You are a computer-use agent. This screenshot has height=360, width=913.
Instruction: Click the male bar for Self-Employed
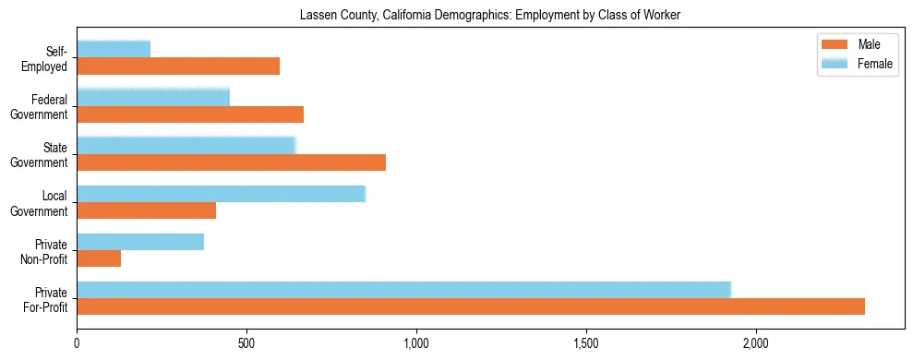pyautogui.click(x=178, y=66)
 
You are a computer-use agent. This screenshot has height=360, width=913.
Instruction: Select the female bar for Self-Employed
pyautogui.click(x=114, y=49)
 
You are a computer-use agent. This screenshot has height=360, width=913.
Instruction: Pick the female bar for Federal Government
pyautogui.click(x=153, y=97)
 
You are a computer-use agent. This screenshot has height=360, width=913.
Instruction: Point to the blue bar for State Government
pyautogui.click(x=186, y=145)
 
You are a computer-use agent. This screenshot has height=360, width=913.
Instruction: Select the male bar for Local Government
pyautogui.click(x=146, y=210)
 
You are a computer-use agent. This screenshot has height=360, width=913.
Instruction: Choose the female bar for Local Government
pyautogui.click(x=222, y=193)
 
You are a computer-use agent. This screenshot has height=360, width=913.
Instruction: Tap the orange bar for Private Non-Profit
pyautogui.click(x=99, y=258)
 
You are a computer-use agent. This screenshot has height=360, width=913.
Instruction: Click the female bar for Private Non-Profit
pyautogui.click(x=140, y=242)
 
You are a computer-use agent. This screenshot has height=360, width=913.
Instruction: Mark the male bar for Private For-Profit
pyautogui.click(x=471, y=306)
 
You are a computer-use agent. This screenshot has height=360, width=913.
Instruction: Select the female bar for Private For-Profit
pyautogui.click(x=403, y=290)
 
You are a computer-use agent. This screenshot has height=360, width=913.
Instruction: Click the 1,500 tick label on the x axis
pyautogui.click(x=586, y=343)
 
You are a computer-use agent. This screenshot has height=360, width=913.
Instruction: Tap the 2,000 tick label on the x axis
pyautogui.click(x=756, y=343)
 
